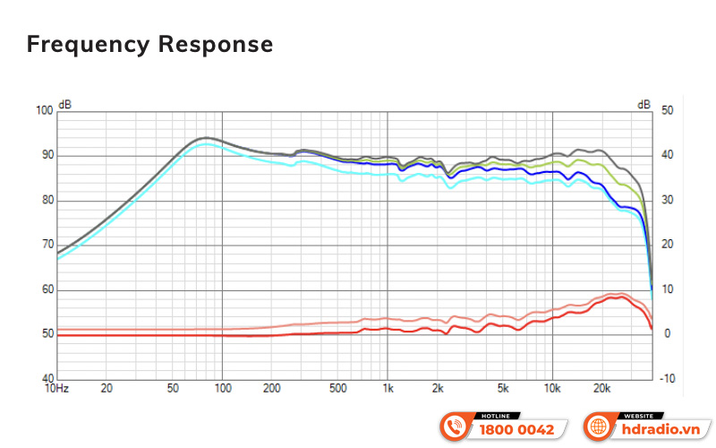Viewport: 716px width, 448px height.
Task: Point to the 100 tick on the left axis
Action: [x=44, y=110]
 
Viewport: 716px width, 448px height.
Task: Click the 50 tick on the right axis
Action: [x=667, y=110]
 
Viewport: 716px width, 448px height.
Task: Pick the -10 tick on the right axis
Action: [x=668, y=379]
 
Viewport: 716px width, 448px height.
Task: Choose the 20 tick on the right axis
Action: [x=667, y=245]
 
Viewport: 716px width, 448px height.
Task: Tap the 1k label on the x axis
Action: [x=388, y=389]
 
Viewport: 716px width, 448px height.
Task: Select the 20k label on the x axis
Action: [x=602, y=389]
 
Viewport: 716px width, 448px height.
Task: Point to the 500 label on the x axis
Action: [x=337, y=389]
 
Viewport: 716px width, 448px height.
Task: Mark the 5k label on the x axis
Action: [x=503, y=389]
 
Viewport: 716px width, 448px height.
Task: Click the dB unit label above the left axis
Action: [x=65, y=104]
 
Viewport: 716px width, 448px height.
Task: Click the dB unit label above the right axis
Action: [x=644, y=104]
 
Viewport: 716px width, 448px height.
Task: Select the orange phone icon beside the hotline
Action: [x=455, y=426]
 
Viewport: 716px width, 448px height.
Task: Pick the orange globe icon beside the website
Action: [x=598, y=426]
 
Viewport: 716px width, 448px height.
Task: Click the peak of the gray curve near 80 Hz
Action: [x=204, y=138]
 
